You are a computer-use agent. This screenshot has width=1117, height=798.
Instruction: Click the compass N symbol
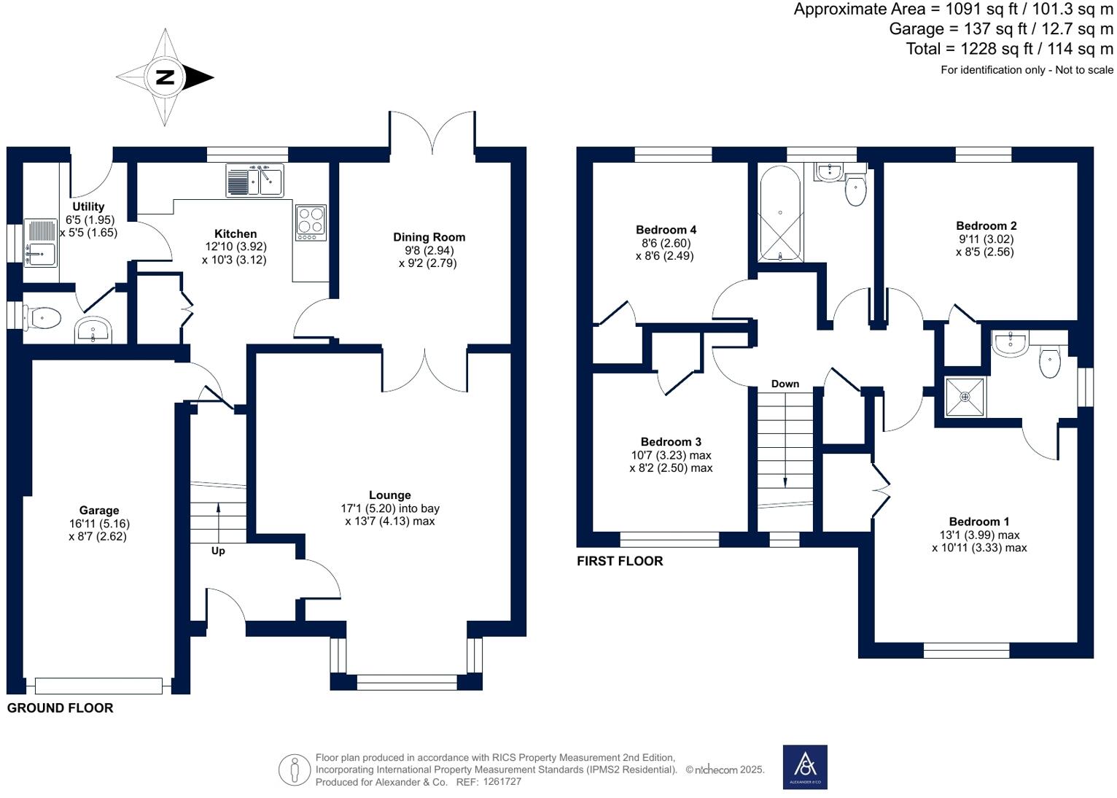(x=166, y=77)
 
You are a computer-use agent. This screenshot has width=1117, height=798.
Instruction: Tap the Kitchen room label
(x=235, y=234)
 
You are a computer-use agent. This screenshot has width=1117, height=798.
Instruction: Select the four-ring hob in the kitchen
(x=311, y=222)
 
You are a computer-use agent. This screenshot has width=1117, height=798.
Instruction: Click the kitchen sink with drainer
(x=254, y=180)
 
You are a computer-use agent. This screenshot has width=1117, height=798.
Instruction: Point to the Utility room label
(x=88, y=207)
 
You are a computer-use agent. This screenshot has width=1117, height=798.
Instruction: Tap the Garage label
(x=99, y=511)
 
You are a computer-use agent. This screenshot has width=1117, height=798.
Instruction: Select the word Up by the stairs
(x=218, y=551)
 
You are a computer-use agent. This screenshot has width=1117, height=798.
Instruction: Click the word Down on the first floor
(x=785, y=384)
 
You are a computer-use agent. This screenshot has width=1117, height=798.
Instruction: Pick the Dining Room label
(x=429, y=237)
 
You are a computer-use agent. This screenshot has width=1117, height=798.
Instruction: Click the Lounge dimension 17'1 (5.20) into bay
(x=390, y=508)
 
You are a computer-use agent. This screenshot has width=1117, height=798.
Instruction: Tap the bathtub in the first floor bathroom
(x=780, y=214)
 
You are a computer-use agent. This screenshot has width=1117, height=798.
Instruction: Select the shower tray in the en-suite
(x=964, y=398)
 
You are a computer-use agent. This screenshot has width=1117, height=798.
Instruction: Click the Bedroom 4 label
(x=666, y=230)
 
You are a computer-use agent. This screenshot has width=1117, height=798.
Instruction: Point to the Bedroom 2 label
(x=986, y=226)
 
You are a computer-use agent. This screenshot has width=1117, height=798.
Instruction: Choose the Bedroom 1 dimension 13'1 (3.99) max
(x=979, y=535)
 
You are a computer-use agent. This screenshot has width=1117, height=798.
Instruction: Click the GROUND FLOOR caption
(x=60, y=708)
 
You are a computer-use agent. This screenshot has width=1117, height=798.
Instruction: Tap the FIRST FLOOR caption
(x=620, y=561)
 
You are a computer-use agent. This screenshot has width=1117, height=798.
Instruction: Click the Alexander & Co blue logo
(x=805, y=767)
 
